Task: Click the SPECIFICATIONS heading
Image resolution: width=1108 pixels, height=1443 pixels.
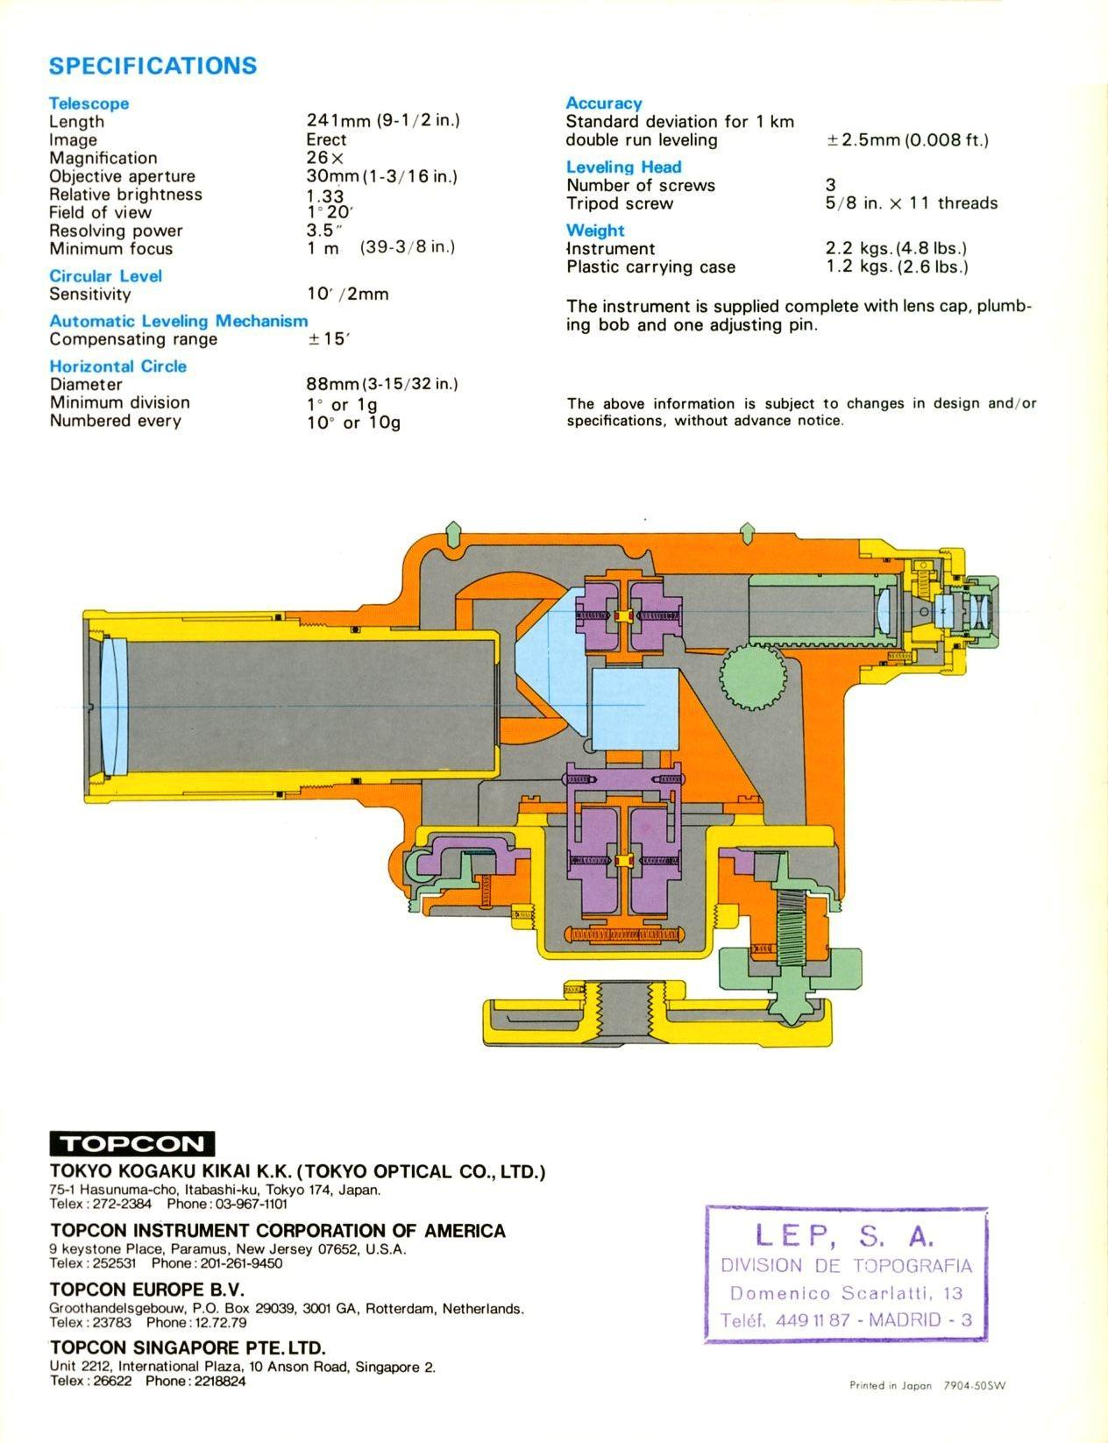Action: point(153,66)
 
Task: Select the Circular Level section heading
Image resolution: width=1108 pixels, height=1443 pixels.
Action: point(105,275)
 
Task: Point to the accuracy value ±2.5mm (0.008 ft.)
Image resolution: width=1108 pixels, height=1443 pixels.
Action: point(907,139)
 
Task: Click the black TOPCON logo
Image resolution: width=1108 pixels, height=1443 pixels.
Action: point(131,1144)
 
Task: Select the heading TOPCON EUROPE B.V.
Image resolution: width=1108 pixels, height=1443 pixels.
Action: point(146,1290)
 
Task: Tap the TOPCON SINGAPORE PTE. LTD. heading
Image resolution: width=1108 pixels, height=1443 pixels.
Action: point(187,1347)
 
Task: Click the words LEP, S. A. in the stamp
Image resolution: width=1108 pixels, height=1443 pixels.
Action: point(845,1235)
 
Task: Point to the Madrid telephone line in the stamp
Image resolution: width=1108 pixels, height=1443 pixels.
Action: point(846,1320)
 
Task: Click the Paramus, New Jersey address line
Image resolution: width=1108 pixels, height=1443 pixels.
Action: point(228,1248)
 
